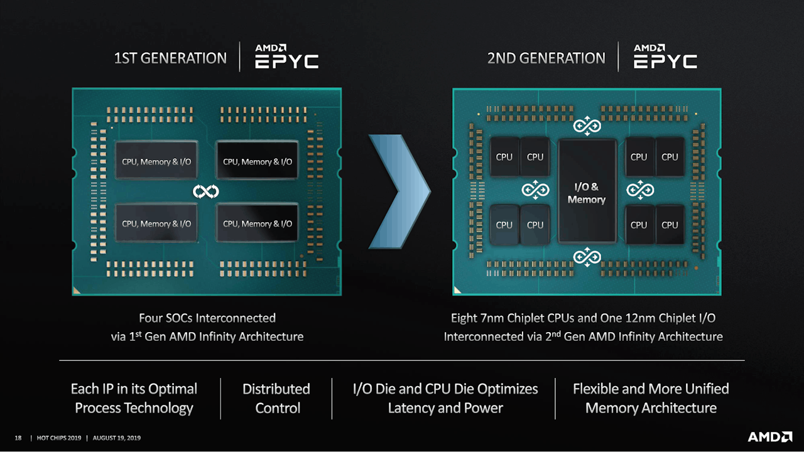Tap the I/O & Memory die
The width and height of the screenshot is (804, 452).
coord(587,191)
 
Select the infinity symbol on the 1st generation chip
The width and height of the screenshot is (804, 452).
coord(205,191)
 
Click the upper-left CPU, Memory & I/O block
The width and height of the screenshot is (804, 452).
coord(156,161)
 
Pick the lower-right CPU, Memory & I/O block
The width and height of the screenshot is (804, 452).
coord(258,223)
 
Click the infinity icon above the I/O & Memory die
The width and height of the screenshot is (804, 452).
coord(587,126)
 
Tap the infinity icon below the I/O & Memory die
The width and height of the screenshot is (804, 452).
coord(587,256)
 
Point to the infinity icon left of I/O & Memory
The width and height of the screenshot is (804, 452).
coord(535,190)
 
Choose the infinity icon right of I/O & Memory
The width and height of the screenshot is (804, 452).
coord(639,190)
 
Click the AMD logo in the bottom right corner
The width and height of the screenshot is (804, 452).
coord(769,436)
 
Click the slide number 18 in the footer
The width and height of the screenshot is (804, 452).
coord(18,438)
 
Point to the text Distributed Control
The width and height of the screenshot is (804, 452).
coord(276,398)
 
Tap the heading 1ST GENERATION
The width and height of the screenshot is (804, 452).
coord(170,58)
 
